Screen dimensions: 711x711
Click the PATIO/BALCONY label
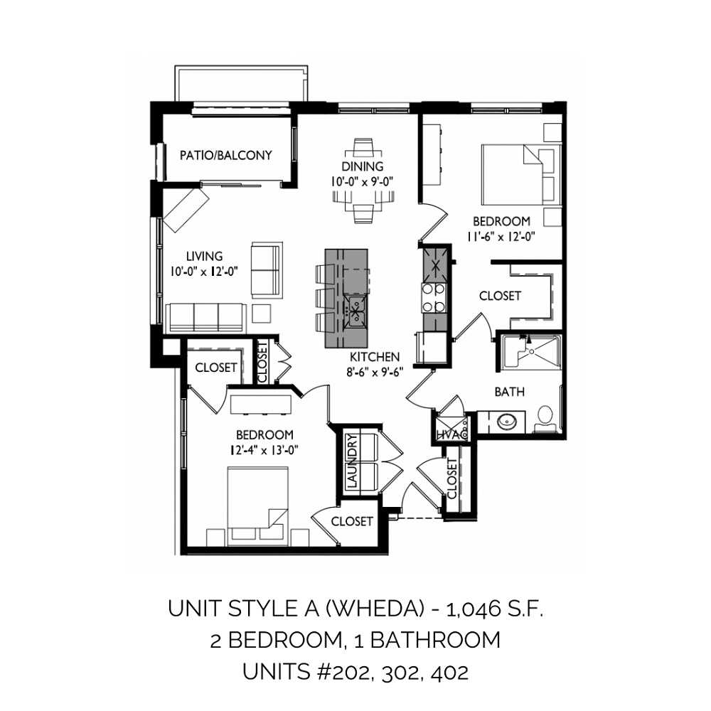[226, 156]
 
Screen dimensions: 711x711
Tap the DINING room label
[363, 166]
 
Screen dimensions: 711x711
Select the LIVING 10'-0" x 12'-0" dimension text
[205, 271]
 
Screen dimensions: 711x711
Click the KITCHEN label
[375, 357]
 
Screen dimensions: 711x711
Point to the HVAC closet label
[451, 434]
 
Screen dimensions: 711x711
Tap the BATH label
[509, 391]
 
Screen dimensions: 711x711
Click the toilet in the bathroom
[545, 419]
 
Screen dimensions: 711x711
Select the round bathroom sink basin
[506, 422]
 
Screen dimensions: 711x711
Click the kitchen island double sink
[355, 311]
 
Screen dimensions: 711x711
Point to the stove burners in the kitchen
[434, 297]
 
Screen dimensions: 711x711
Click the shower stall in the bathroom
[530, 353]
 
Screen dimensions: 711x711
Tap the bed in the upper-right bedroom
[520, 175]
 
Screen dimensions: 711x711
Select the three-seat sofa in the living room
[206, 317]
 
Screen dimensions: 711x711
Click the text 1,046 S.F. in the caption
[495, 609]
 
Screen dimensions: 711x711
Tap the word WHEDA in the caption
[375, 609]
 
